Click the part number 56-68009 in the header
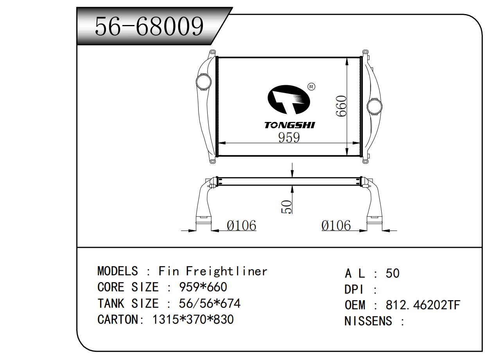(149, 27)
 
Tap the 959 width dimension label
(289, 138)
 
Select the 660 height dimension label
(341, 106)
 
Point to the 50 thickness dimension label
(286, 206)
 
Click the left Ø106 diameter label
(241, 226)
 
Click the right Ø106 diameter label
(336, 226)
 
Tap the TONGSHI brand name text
(289, 125)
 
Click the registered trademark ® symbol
(311, 87)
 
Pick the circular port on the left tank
(204, 82)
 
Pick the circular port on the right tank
(375, 106)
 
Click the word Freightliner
(226, 271)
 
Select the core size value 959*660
(203, 287)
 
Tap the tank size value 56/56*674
(209, 303)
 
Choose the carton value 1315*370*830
(193, 319)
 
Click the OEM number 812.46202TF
(423, 305)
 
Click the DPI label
(354, 290)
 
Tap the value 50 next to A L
(393, 273)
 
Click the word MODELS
(117, 271)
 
